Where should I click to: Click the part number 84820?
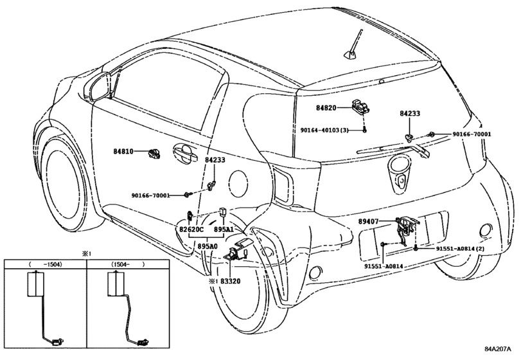tap(326, 108)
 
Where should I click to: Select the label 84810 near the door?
tap(123, 152)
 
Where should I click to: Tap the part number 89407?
tap(368, 221)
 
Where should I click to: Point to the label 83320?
tap(230, 281)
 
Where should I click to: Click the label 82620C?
tap(191, 230)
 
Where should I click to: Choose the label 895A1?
tap(224, 230)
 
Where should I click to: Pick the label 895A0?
tap(208, 246)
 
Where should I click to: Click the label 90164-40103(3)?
tap(324, 130)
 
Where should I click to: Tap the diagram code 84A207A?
tap(497, 349)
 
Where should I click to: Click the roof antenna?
tap(354, 46)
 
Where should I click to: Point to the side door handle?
tap(185, 154)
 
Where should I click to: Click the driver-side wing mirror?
tap(98, 87)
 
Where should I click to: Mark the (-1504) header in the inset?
tap(46, 264)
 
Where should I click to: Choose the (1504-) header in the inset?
tap(128, 264)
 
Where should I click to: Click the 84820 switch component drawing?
tap(360, 106)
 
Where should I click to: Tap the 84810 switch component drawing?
tap(154, 153)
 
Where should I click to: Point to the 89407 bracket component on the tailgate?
tap(407, 230)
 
